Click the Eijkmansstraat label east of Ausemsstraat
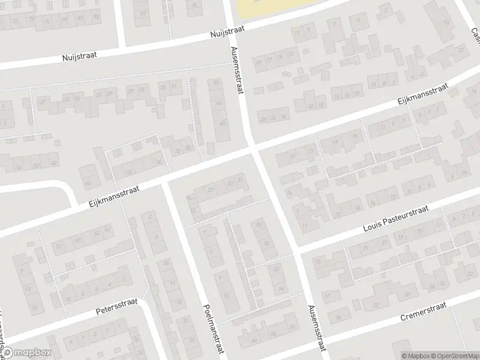(x=423, y=95)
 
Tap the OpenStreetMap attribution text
(x=454, y=355)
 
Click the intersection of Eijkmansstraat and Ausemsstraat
(x=252, y=148)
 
